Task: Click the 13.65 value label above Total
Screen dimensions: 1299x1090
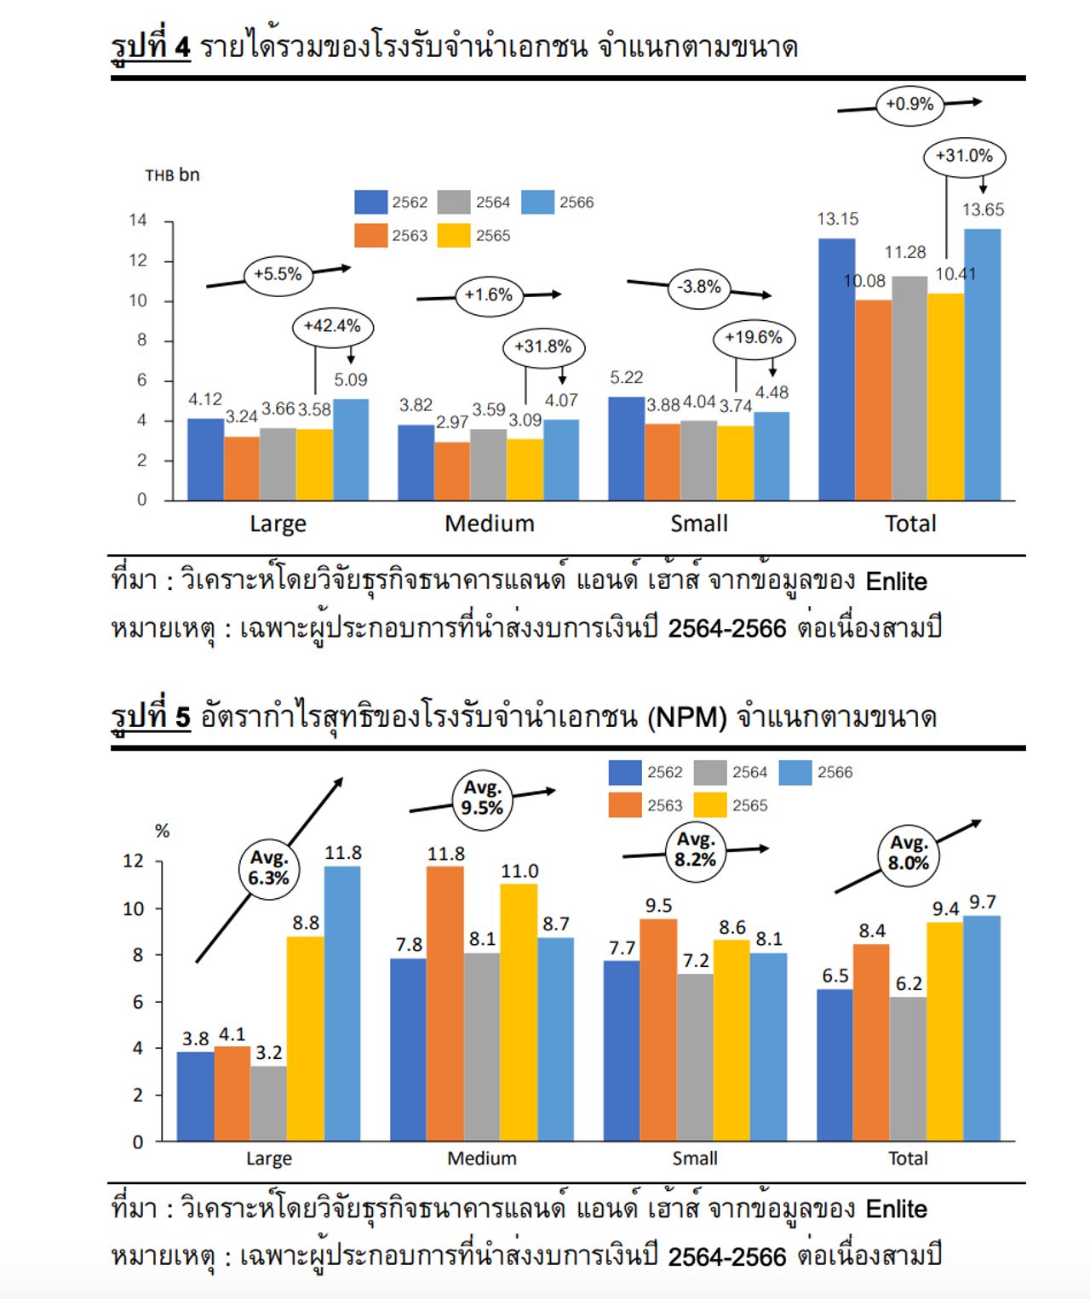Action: coord(983,209)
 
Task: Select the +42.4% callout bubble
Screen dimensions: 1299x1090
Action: coord(332,326)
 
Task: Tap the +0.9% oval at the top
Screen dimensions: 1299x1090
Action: coord(909,105)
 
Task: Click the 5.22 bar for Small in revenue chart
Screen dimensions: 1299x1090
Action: coord(626,448)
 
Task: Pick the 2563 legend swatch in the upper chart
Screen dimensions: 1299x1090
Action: coord(370,236)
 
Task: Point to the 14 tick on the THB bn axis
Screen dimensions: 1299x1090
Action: coord(138,220)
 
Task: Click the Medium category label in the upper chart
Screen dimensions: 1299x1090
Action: coord(490,524)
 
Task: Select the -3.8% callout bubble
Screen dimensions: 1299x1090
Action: coord(699,287)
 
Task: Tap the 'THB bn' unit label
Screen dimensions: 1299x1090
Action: coord(172,175)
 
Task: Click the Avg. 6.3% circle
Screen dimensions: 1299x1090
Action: coord(268,867)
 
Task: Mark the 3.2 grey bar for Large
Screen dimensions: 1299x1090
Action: coord(269,1103)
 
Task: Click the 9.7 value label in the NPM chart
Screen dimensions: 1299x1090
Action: coord(982,902)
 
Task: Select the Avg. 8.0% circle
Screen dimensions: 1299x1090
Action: coord(908,853)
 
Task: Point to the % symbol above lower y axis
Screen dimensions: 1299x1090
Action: coord(162,832)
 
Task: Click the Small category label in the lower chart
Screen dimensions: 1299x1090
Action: coord(695,1159)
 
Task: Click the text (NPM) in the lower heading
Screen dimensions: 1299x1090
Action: coord(686,718)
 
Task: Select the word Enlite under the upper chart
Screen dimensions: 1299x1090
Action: coord(896,581)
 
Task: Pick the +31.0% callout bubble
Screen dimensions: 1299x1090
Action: coord(964,157)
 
